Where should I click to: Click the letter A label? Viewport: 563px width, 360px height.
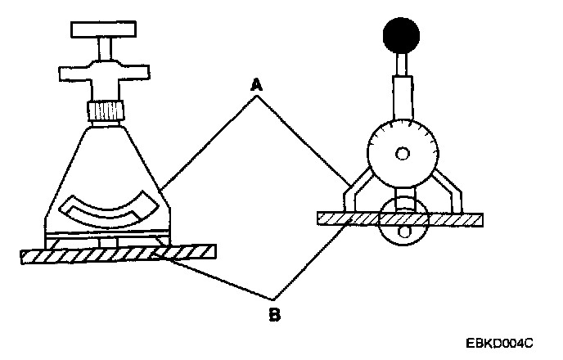257,83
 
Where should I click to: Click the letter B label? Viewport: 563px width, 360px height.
275,313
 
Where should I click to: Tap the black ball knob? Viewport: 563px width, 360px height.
401,36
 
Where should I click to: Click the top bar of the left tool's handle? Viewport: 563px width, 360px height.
107,29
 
